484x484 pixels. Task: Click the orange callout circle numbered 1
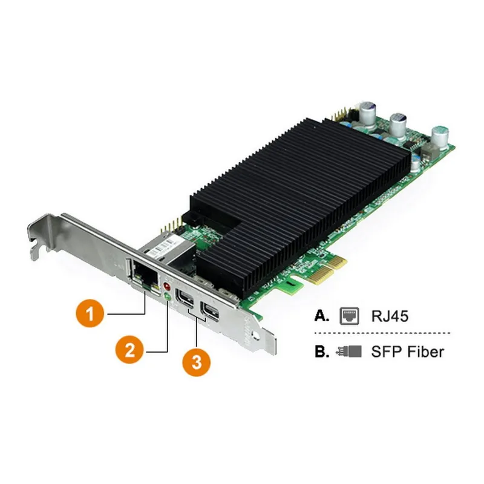(90, 314)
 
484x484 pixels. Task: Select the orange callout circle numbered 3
(197, 363)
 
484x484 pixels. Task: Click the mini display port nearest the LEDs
(184, 299)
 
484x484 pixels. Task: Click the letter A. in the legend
(321, 315)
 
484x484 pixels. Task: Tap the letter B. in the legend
(321, 351)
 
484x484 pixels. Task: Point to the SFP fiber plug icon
(350, 351)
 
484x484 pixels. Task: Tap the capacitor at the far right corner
(440, 138)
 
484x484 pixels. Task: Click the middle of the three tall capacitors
(398, 125)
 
